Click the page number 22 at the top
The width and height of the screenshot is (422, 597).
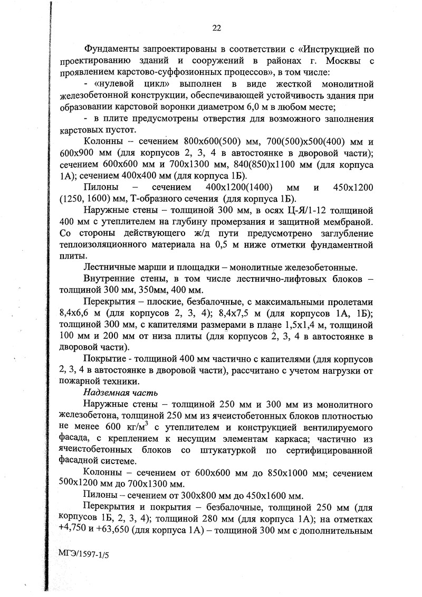pos(216,28)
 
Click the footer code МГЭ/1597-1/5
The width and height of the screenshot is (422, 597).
pos(82,556)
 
